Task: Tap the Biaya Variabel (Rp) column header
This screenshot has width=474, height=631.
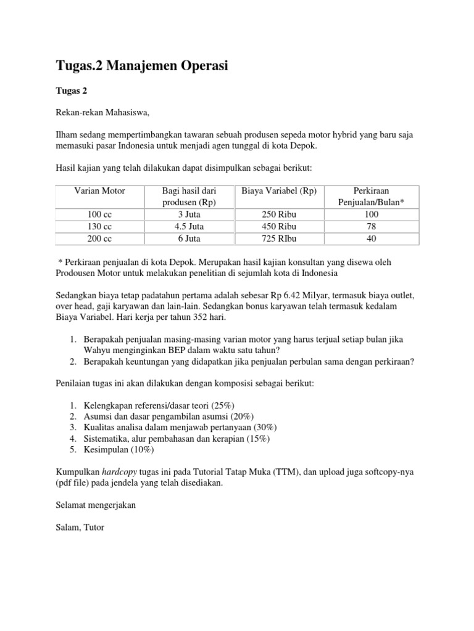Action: (x=280, y=191)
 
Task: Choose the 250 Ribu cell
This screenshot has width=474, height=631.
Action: (x=280, y=214)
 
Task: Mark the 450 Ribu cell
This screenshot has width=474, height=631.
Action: (x=280, y=226)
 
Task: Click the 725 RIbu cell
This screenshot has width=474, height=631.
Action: (x=280, y=237)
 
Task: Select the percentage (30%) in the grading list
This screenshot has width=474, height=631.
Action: (x=263, y=427)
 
